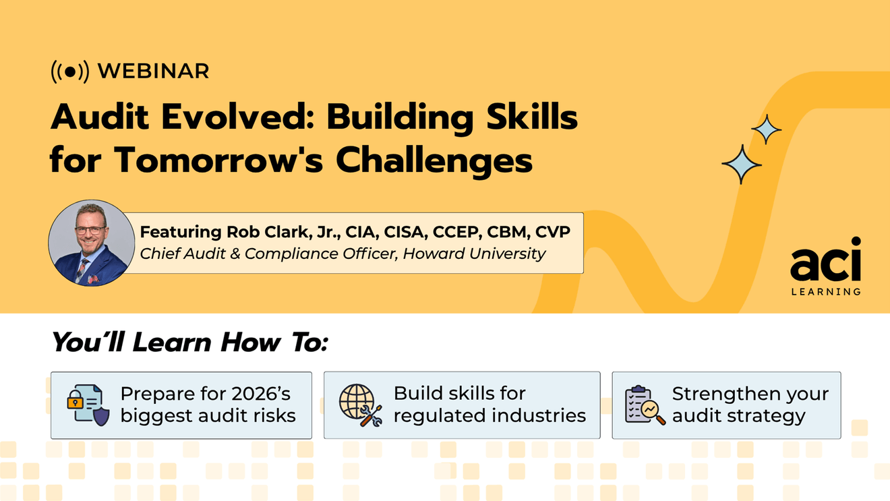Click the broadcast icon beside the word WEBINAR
click(x=70, y=71)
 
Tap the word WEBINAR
click(x=154, y=71)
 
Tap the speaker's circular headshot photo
click(x=91, y=242)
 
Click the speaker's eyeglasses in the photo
click(x=90, y=230)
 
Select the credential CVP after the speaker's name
click(x=553, y=232)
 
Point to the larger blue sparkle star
click(x=742, y=164)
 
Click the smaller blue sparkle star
click(x=766, y=129)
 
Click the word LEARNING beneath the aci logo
click(x=825, y=291)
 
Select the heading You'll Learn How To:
click(x=189, y=343)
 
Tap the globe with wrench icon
click(x=360, y=405)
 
